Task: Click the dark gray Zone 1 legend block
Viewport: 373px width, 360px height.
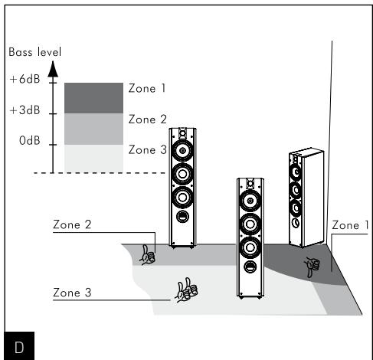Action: click(x=93, y=98)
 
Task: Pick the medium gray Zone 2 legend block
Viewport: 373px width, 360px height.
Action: click(x=93, y=128)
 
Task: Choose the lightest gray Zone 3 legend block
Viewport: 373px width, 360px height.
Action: click(x=93, y=157)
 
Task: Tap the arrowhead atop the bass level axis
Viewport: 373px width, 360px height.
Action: click(x=53, y=70)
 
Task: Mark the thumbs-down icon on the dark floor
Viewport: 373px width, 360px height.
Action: click(x=310, y=267)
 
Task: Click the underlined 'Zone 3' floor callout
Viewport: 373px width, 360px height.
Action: click(x=72, y=293)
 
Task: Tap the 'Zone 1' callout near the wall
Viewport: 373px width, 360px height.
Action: click(x=351, y=225)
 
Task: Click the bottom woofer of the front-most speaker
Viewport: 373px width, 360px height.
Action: click(x=249, y=250)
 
